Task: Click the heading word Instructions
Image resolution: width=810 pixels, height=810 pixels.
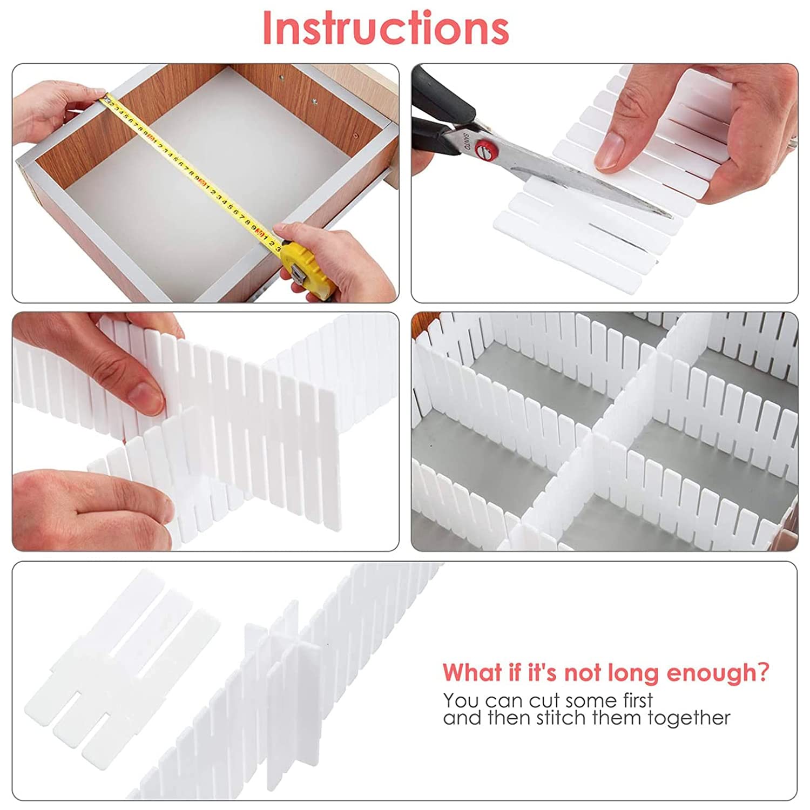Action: coord(386,28)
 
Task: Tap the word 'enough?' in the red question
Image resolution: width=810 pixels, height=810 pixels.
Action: coord(718,674)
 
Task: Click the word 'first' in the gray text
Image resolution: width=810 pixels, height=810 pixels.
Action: coord(638,700)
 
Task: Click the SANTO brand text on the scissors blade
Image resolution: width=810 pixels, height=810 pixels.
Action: coord(465,142)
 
